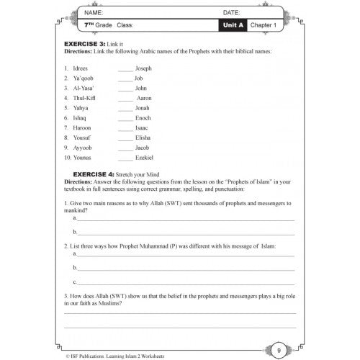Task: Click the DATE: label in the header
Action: point(231,13)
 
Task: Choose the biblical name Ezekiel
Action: point(145,157)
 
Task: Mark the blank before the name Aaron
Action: point(125,97)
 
